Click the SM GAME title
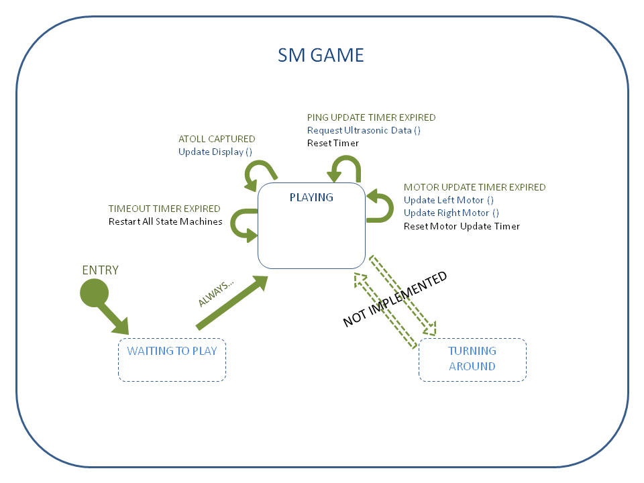(321, 55)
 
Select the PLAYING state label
(311, 197)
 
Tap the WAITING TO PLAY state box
(172, 360)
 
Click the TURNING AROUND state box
(472, 360)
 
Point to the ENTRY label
(100, 270)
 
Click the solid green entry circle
(94, 292)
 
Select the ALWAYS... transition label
(216, 293)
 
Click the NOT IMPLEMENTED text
(394, 299)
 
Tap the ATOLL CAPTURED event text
(217, 140)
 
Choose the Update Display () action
(215, 152)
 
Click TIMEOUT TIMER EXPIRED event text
(164, 209)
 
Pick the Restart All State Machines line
(165, 221)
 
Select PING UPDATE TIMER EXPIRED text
(371, 117)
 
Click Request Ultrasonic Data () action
(364, 130)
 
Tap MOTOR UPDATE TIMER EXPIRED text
(474, 187)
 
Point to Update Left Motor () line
(448, 200)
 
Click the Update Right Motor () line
(451, 213)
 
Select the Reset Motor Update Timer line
(462, 226)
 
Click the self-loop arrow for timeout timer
(240, 225)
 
